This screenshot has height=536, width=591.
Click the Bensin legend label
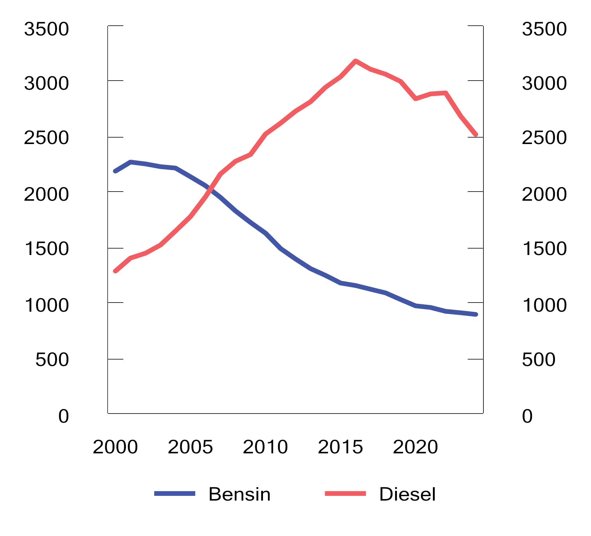pos(239,494)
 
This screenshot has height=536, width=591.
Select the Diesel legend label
pos(407,494)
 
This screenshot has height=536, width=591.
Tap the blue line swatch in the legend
pos(175,493)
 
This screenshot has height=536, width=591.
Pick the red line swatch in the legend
pos(345,493)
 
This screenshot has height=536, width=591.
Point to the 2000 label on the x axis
pos(115,447)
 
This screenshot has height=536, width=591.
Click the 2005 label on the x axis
pos(190,447)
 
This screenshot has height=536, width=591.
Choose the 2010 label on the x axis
pos(265,447)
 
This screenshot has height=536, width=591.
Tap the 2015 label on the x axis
pos(340,447)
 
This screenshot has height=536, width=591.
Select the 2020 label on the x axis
pos(415,447)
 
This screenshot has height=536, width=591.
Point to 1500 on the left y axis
pos(47,249)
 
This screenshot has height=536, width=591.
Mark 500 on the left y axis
pos(52,359)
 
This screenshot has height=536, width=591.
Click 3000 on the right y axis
pos(544,83)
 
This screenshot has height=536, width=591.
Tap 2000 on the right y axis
pos(544,194)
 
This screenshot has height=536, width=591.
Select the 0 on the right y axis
pos(527,416)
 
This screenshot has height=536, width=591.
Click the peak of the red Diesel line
pos(355,61)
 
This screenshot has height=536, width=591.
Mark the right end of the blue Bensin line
pos(476,315)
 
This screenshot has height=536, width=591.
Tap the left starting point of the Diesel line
pos(115,271)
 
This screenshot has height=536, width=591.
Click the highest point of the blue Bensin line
pos(130,162)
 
